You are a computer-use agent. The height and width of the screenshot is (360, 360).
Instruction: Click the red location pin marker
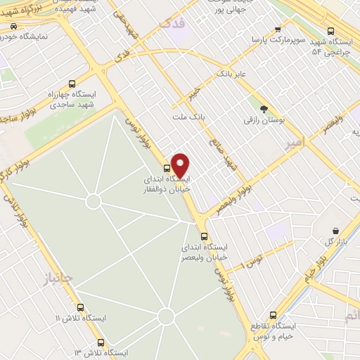(181, 165)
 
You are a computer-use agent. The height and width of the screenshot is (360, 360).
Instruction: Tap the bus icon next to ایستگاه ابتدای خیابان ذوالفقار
(167, 168)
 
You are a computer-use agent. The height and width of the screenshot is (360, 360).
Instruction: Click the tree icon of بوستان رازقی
(264, 109)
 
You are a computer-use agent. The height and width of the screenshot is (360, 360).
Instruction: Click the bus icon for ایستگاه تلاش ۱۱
(81, 307)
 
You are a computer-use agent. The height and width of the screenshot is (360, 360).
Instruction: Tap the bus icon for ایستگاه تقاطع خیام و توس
(275, 315)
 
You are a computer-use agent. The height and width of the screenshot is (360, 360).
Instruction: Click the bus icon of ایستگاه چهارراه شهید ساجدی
(72, 82)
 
